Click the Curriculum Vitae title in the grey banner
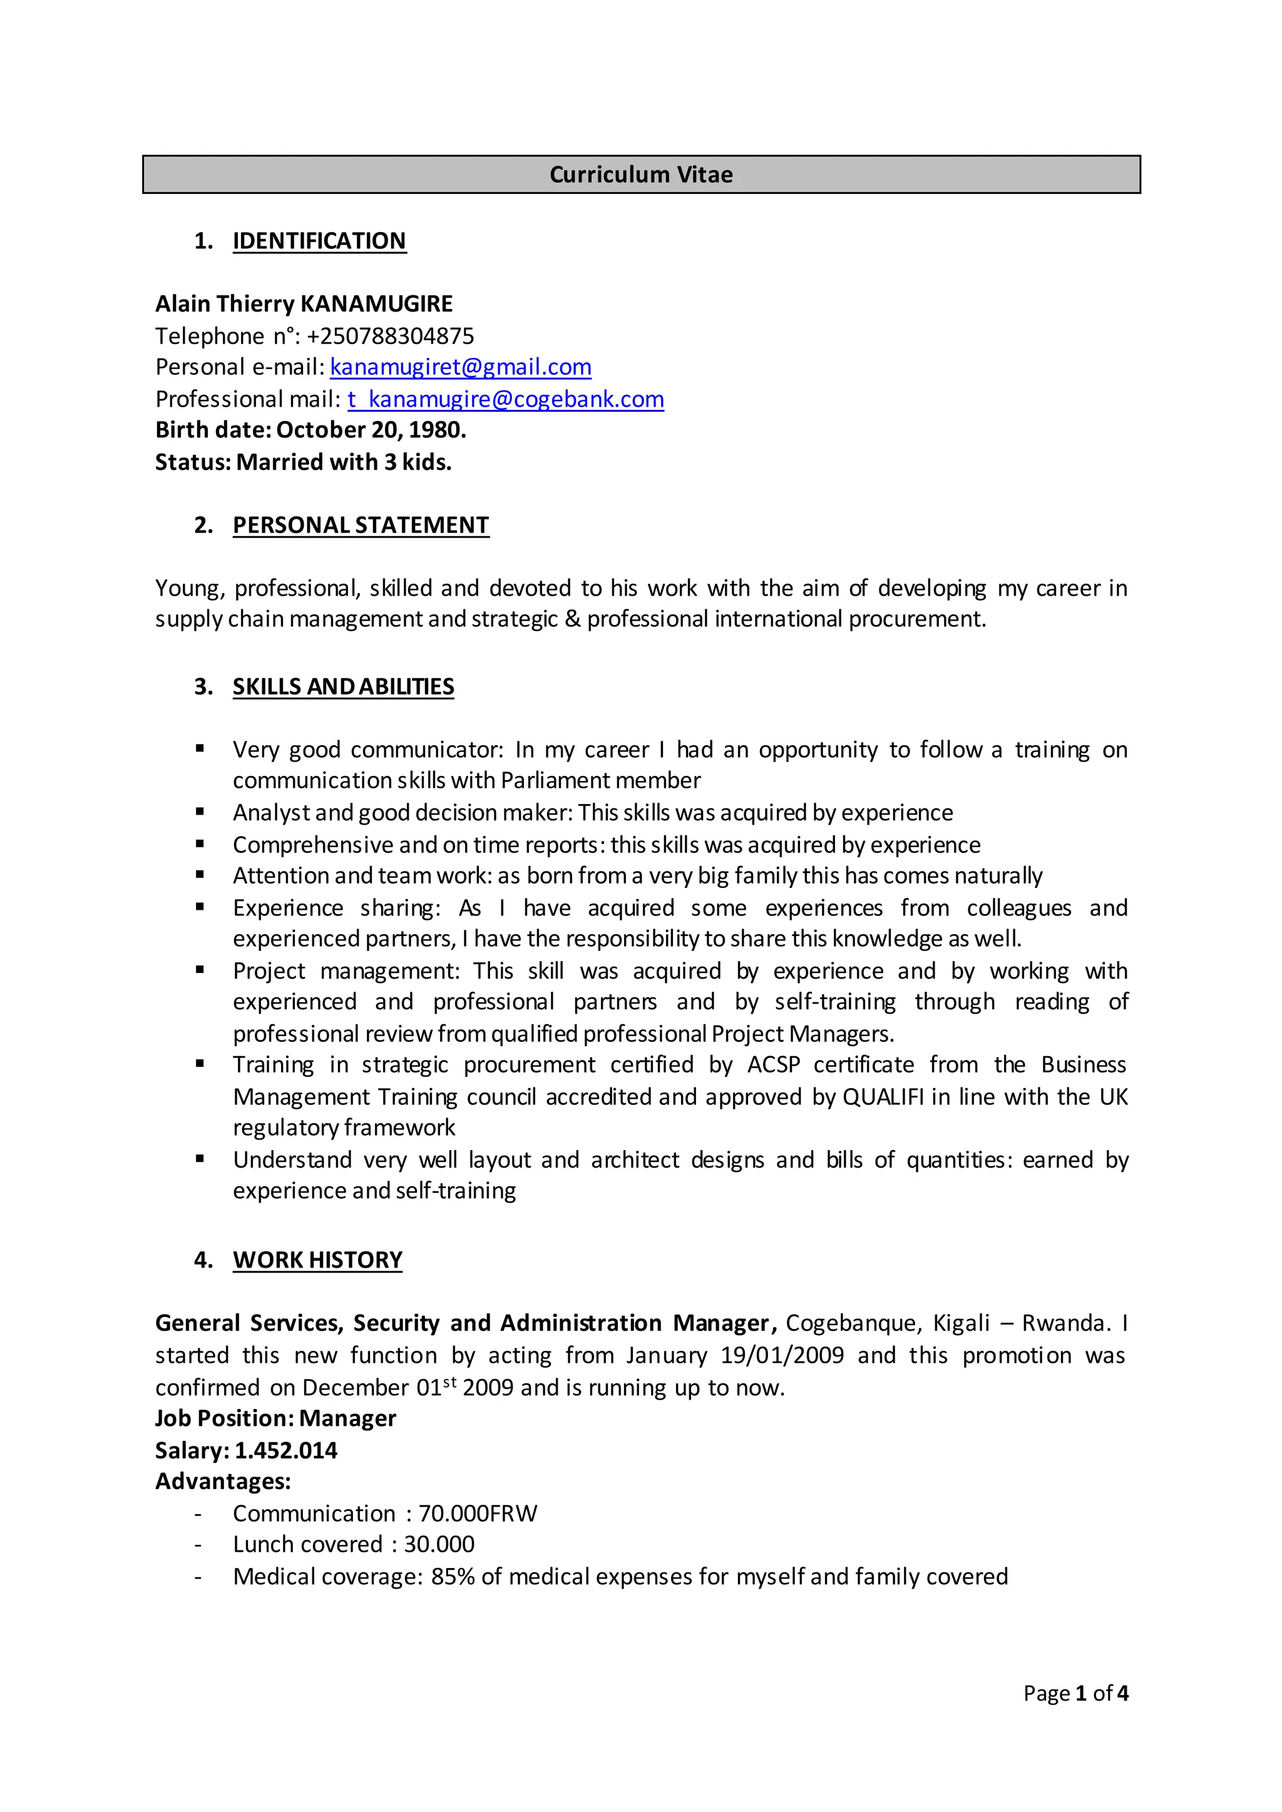(640, 175)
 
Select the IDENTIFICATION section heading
(319, 241)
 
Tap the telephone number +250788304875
(390, 336)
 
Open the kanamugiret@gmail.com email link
(460, 367)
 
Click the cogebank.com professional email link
(505, 399)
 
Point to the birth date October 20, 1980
(371, 430)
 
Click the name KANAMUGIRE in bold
(377, 304)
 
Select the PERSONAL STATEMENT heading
(361, 526)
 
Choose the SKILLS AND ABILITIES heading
(344, 686)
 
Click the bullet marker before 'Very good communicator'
(200, 748)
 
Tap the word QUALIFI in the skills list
(883, 1097)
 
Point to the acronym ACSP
(773, 1065)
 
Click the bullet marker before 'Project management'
(200, 970)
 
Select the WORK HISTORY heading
(317, 1260)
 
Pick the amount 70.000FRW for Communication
(478, 1514)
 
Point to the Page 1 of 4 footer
(1075, 1693)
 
